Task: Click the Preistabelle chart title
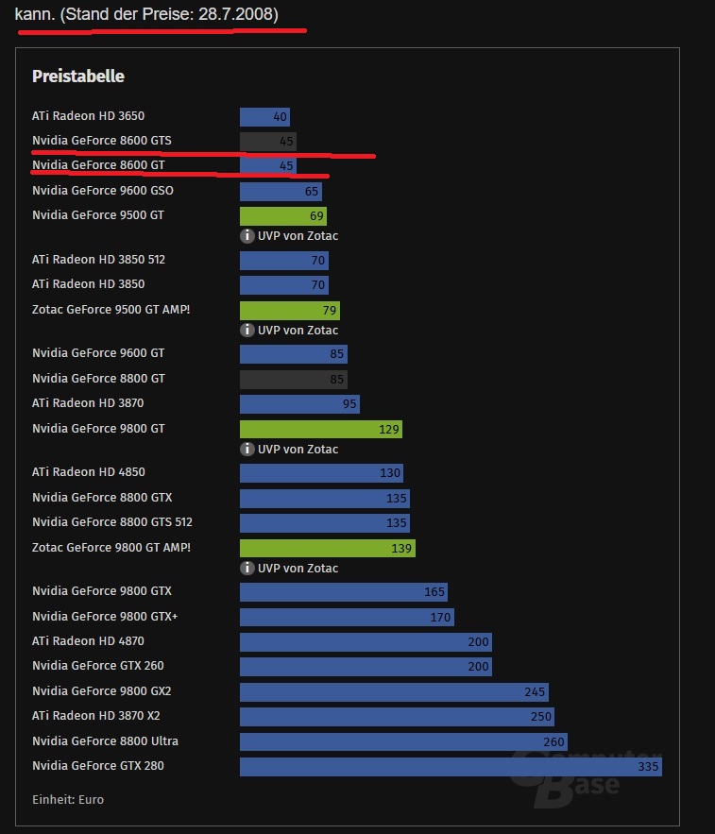[78, 77]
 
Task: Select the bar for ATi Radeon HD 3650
[264, 117]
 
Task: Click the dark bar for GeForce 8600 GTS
[268, 142]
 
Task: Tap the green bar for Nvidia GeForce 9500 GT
[282, 216]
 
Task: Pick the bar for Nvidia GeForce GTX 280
[450, 766]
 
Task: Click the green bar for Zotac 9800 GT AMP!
[327, 548]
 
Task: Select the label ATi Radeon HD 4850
[89, 472]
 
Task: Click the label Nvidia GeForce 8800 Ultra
[105, 741]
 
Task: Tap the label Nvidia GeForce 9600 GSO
[103, 191]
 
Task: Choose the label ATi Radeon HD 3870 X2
[96, 716]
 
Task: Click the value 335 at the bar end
[648, 766]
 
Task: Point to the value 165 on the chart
[434, 592]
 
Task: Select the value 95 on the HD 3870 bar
[350, 404]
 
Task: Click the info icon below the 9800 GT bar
[247, 450]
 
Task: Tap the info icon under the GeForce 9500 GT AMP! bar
[247, 331]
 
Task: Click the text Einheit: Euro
[68, 800]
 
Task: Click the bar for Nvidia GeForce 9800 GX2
[394, 692]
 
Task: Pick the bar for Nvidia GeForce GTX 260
[366, 667]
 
